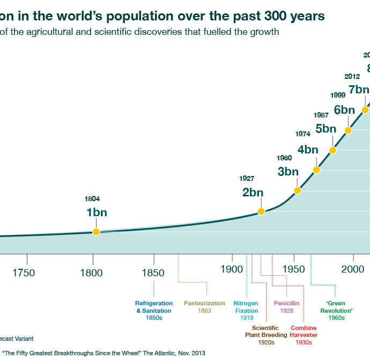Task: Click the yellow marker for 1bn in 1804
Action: pos(97,232)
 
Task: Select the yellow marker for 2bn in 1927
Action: pos(261,211)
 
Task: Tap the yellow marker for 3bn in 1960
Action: pos(298,190)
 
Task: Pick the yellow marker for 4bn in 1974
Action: pos(316,170)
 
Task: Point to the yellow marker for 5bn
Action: pos(333,150)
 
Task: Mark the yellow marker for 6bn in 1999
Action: pos(348,130)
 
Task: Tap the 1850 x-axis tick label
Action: pos(154,273)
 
